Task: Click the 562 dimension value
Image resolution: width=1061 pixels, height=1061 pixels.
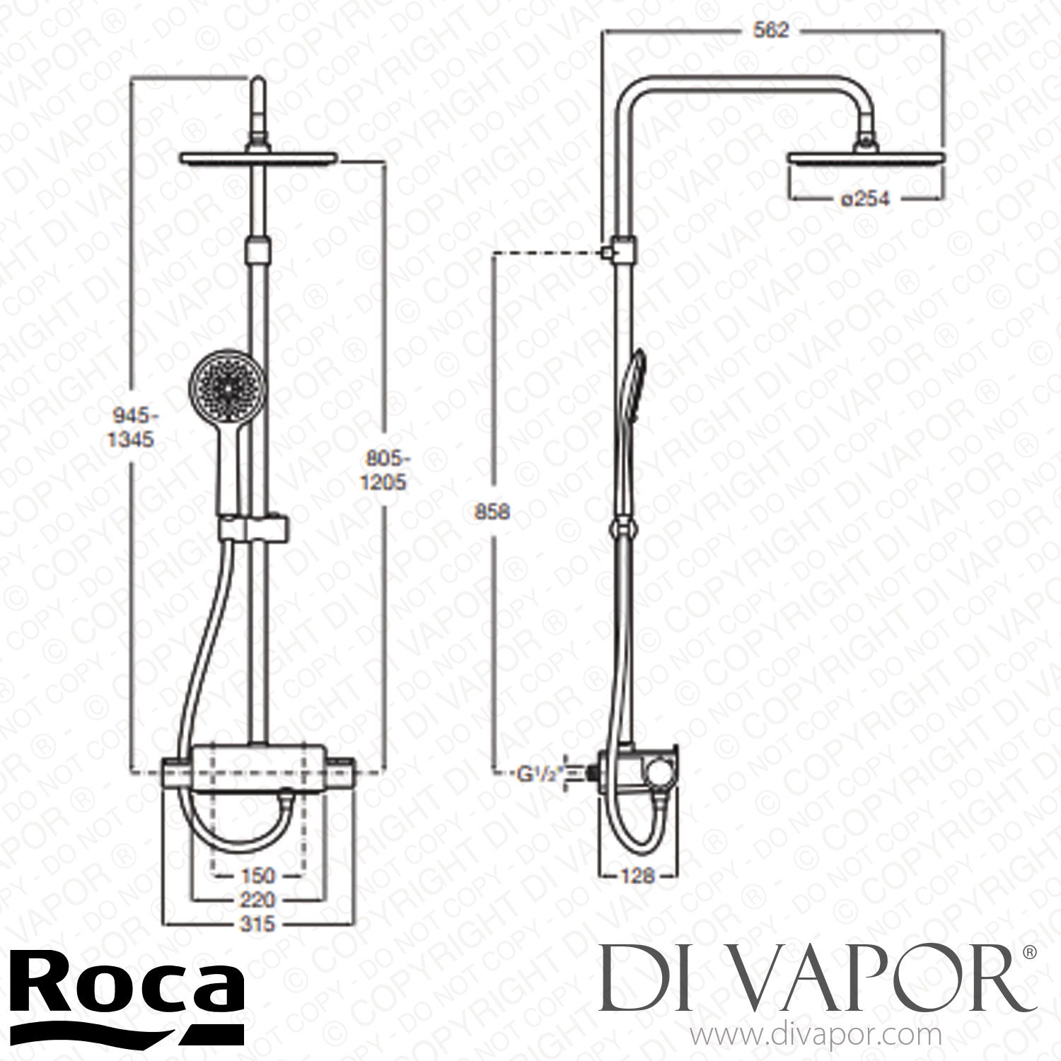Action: tap(771, 31)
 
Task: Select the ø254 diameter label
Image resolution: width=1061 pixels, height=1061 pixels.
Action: tap(864, 199)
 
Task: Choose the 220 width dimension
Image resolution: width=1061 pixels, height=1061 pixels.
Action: tap(258, 900)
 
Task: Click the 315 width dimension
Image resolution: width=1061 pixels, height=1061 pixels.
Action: tap(257, 924)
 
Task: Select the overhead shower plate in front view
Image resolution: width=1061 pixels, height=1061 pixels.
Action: tap(259, 158)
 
